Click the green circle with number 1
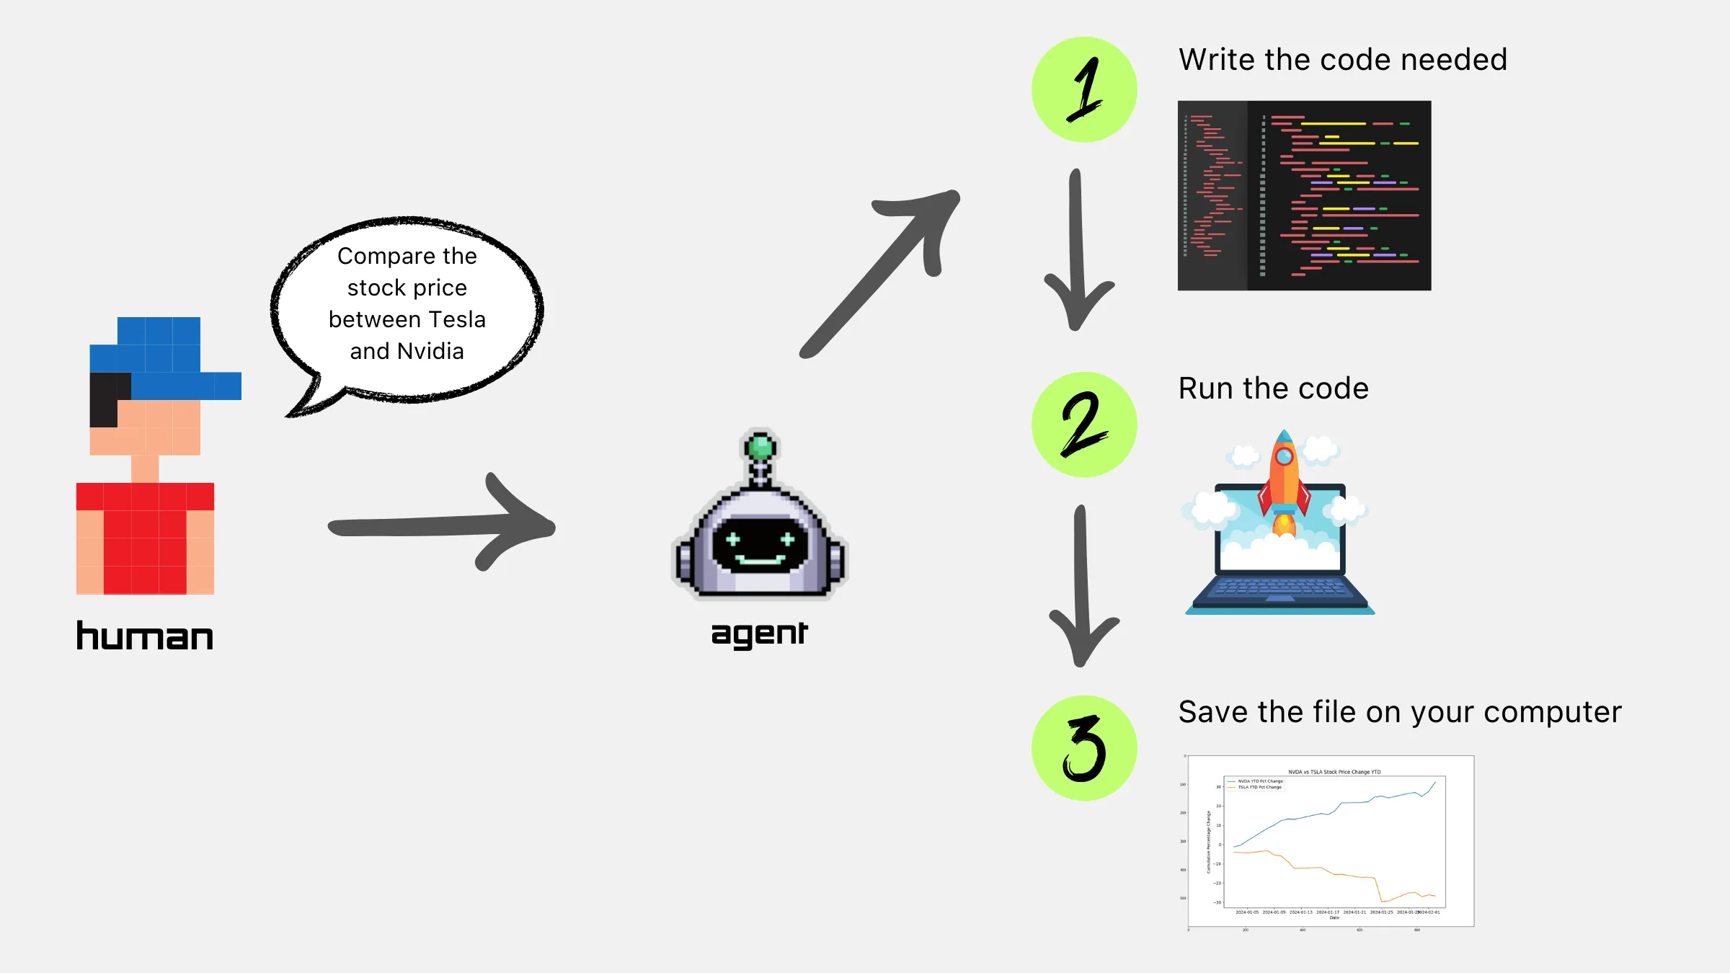click(1084, 89)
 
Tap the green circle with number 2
click(1084, 425)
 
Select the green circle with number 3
click(1084, 748)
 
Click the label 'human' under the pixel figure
click(145, 636)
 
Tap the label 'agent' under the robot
click(759, 634)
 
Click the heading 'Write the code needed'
click(1342, 60)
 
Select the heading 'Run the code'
click(1273, 388)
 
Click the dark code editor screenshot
click(1304, 195)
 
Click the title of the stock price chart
click(1334, 772)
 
